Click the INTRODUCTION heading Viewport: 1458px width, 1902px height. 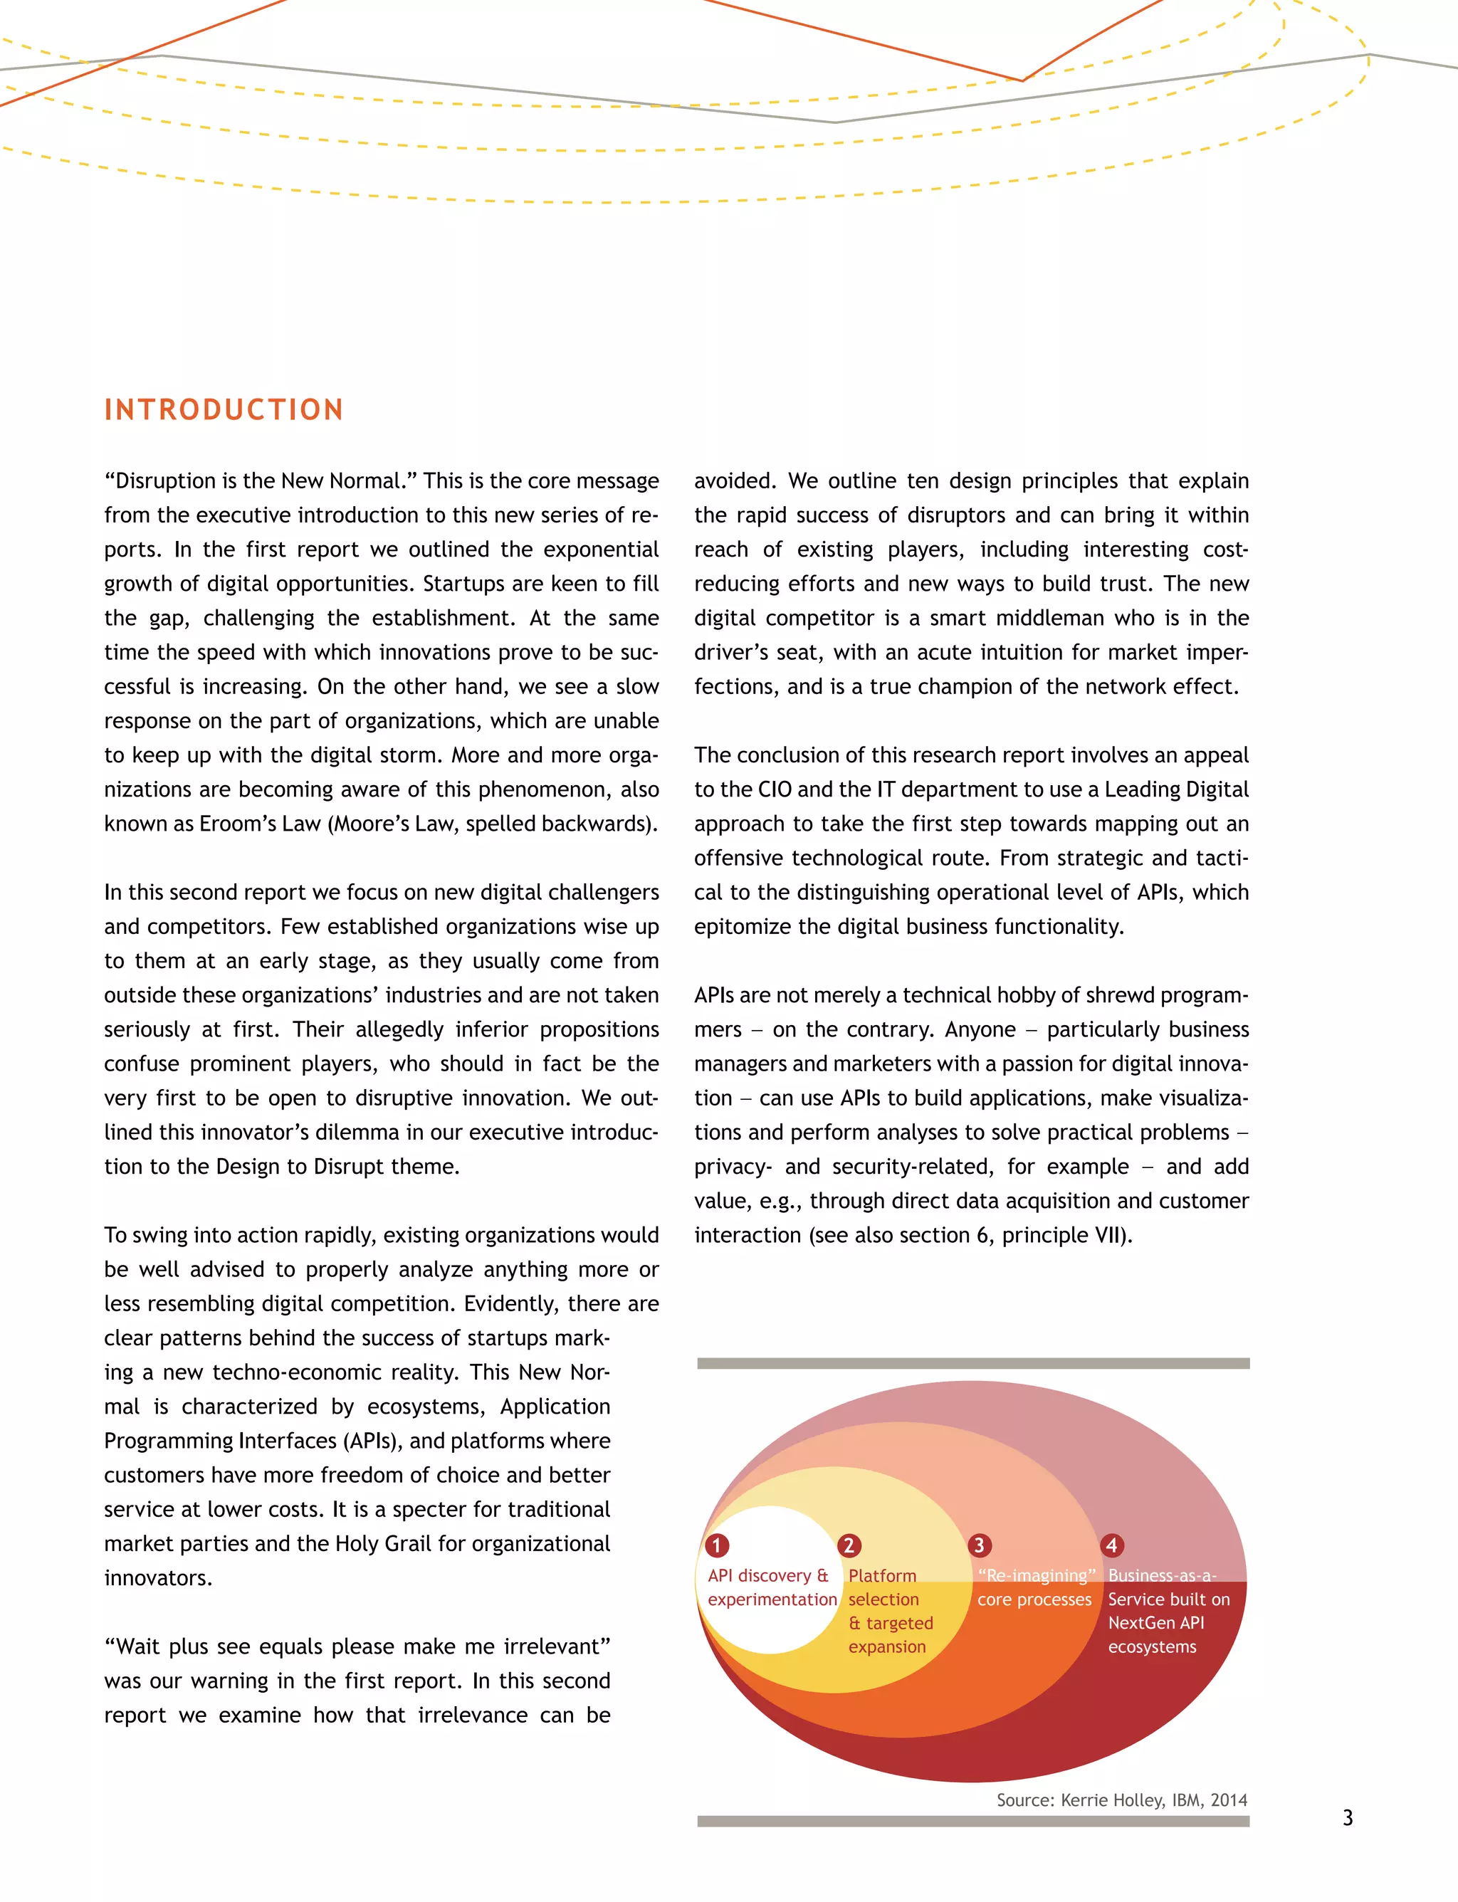click(224, 409)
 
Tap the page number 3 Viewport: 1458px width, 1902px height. click(1347, 1817)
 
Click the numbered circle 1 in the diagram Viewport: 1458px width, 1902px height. click(717, 1545)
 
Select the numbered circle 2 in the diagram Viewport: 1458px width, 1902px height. click(849, 1545)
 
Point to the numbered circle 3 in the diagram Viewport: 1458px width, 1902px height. click(979, 1545)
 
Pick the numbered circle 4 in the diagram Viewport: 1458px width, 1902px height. click(1112, 1545)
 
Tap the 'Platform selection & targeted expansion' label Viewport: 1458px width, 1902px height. click(891, 1610)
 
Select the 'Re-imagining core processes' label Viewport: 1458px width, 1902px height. click(1034, 1587)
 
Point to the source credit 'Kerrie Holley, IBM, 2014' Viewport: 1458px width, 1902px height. click(1153, 1799)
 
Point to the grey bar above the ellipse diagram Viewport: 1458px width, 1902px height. click(973, 1363)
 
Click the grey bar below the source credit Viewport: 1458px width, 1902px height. click(973, 1822)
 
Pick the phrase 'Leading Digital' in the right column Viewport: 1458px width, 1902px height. click(1176, 789)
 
